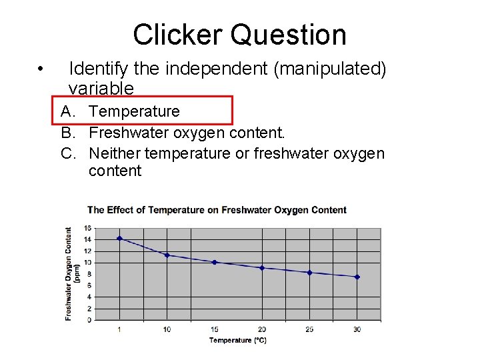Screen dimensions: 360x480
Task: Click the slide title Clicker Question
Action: [239, 35]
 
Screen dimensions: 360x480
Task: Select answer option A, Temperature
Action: [134, 111]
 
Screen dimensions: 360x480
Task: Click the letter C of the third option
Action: [67, 153]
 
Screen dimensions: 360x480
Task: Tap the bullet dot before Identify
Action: [41, 69]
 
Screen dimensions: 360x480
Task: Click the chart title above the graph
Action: [217, 210]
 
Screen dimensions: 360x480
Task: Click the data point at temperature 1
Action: [119, 238]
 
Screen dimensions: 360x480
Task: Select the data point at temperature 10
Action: [167, 255]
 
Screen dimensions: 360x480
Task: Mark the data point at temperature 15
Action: [214, 262]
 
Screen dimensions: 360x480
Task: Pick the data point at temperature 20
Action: [262, 268]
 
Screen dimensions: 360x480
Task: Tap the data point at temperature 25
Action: [309, 273]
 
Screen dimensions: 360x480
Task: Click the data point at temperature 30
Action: [357, 277]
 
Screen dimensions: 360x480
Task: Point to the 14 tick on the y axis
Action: [88, 239]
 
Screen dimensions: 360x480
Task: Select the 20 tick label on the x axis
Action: [262, 329]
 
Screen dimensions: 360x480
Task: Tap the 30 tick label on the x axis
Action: [357, 329]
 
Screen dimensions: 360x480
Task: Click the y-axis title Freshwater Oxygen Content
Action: [69, 273]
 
